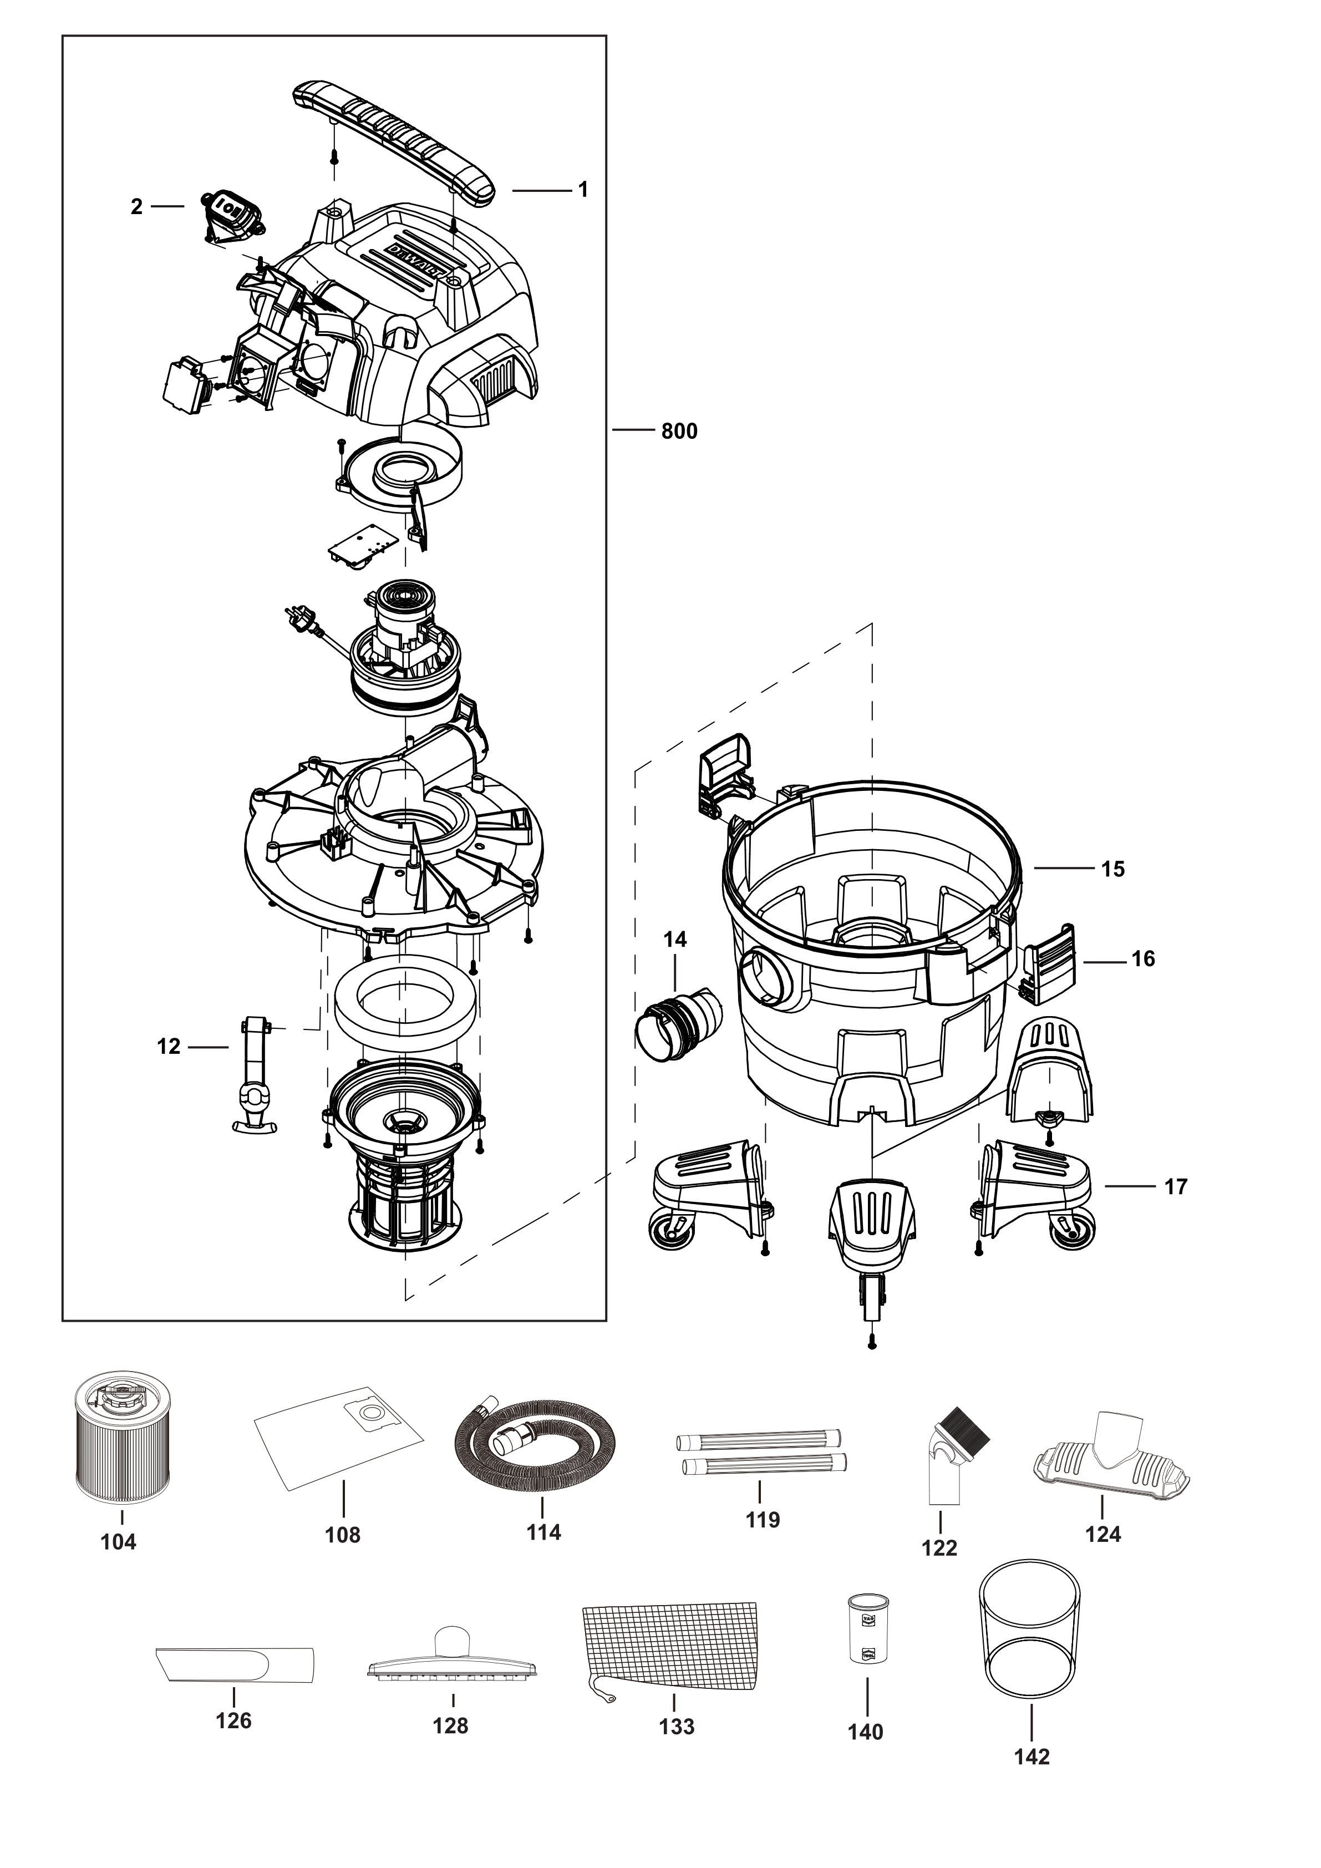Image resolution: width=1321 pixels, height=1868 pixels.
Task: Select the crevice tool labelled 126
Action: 234,1664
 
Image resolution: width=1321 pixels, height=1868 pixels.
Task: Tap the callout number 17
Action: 1175,1186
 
